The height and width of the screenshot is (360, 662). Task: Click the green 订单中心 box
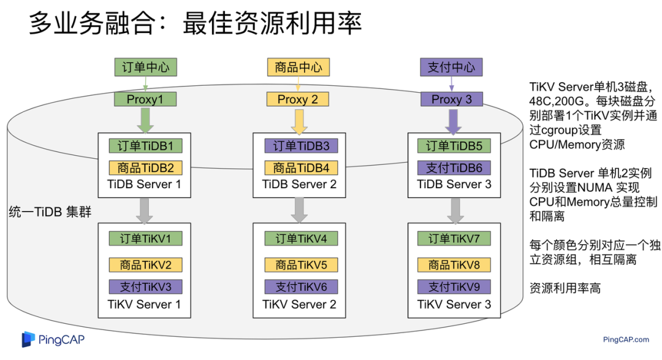coord(145,67)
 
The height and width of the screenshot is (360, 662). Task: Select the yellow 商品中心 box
coord(298,67)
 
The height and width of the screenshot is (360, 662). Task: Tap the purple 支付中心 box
coord(451,67)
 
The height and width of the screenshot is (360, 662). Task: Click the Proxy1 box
coord(145,99)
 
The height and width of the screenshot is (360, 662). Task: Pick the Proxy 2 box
coord(298,99)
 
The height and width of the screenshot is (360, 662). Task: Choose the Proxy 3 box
coord(452,99)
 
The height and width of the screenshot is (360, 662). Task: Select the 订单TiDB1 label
coord(145,146)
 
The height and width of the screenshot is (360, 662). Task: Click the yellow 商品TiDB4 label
coord(301,167)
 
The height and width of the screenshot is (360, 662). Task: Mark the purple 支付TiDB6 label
coord(454,167)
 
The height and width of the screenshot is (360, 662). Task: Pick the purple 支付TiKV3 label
coord(145,286)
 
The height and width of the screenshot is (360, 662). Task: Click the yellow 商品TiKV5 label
coord(301,265)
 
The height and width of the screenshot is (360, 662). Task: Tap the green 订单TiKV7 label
coord(454,239)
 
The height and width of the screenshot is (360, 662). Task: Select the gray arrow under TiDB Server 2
coord(299,210)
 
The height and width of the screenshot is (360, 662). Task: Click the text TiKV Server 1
coord(145,304)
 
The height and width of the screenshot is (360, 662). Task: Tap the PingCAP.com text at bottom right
coord(626,339)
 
